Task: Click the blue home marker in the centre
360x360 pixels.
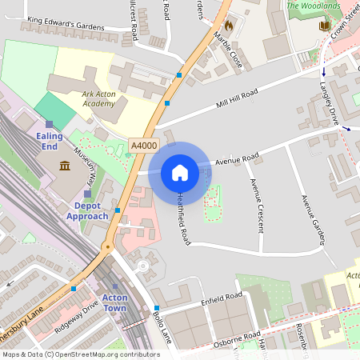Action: click(180, 172)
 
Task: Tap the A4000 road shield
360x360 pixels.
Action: click(144, 145)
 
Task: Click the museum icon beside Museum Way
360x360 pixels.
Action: click(64, 166)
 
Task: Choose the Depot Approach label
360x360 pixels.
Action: click(87, 211)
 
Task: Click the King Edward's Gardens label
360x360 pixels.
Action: click(66, 26)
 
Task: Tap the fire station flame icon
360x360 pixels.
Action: click(229, 26)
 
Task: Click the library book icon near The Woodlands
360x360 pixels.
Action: click(324, 26)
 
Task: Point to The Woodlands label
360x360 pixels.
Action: click(314, 6)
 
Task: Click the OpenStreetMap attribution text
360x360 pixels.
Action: click(80, 354)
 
